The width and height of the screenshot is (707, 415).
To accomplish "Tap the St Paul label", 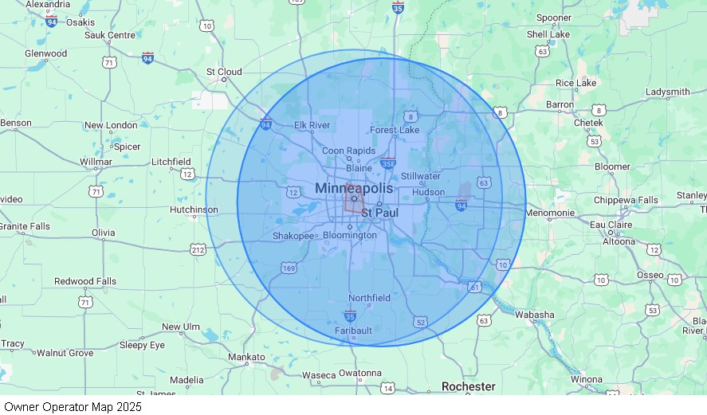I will pyautogui.click(x=379, y=213).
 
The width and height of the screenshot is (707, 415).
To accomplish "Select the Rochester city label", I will pyautogui.click(x=468, y=386).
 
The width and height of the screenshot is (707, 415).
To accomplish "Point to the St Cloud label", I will pyautogui.click(x=224, y=72).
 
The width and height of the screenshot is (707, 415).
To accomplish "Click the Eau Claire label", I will pyautogui.click(x=611, y=225).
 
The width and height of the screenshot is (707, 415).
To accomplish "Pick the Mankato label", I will pyautogui.click(x=246, y=357).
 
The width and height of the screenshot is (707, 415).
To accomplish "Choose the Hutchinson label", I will pyautogui.click(x=194, y=209).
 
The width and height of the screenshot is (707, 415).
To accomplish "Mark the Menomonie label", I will pyautogui.click(x=549, y=213).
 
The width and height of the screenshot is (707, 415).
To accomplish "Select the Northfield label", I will pyautogui.click(x=369, y=298).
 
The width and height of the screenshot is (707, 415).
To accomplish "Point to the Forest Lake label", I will pyautogui.click(x=394, y=130).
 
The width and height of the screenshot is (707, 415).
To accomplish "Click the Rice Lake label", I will pyautogui.click(x=575, y=83).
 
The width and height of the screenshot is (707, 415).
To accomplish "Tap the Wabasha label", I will pyautogui.click(x=534, y=315).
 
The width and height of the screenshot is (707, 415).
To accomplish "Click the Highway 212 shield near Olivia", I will pyautogui.click(x=198, y=250).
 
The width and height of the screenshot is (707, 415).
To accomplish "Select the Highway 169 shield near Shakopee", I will pyautogui.click(x=289, y=269).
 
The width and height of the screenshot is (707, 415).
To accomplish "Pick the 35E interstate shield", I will pyautogui.click(x=387, y=164).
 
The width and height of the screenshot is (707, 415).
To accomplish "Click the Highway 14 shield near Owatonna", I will pyautogui.click(x=387, y=388).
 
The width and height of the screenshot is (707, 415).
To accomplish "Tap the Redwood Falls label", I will pyautogui.click(x=85, y=281).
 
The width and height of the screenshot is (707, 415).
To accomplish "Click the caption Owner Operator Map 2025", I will pyautogui.click(x=73, y=406).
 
